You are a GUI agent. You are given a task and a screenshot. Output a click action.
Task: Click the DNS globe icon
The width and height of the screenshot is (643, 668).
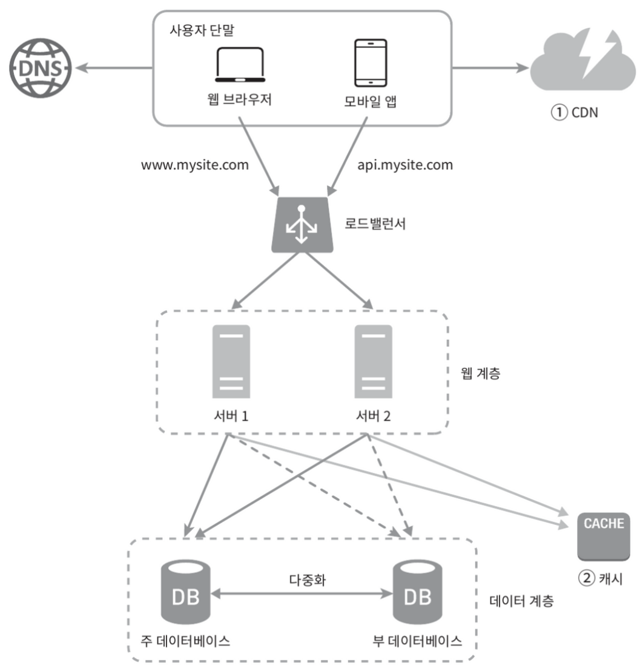(x=41, y=68)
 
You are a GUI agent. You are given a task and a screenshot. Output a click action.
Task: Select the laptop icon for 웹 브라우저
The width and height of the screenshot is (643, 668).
(x=240, y=65)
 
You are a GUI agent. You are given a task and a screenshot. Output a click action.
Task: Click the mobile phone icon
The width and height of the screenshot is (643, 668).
(x=371, y=63)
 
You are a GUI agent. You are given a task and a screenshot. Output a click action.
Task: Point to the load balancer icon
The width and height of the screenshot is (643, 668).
(x=302, y=225)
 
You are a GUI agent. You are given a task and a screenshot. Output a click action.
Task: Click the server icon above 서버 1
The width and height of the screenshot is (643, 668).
(x=231, y=362)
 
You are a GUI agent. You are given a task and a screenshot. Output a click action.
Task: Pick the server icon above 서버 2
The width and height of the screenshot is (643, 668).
(x=373, y=362)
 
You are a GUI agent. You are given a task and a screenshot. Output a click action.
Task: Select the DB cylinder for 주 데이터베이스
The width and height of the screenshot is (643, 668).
(x=185, y=592)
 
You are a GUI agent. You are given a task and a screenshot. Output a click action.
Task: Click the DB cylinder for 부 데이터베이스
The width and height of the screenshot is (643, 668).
(x=417, y=592)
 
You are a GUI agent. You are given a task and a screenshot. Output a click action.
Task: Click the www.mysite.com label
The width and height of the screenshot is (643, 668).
(x=195, y=165)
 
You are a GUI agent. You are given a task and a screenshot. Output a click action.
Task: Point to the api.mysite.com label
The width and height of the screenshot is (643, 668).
(x=404, y=165)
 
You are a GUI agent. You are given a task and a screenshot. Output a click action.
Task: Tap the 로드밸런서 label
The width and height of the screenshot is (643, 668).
(x=375, y=224)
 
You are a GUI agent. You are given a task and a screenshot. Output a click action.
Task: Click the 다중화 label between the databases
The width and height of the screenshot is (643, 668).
(x=307, y=580)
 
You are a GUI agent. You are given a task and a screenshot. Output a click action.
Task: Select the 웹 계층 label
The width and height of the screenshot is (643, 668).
(x=481, y=373)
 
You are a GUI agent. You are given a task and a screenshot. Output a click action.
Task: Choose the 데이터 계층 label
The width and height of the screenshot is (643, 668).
(x=521, y=601)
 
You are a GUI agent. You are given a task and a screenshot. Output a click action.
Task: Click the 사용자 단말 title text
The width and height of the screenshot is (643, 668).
(x=202, y=30)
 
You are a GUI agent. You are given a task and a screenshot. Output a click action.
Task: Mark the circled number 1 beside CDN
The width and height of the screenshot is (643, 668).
(x=559, y=113)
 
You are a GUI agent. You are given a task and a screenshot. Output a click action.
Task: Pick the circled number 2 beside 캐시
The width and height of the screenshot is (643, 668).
(x=587, y=578)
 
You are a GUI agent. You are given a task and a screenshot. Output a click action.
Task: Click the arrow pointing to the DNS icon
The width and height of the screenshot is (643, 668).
(x=114, y=68)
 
